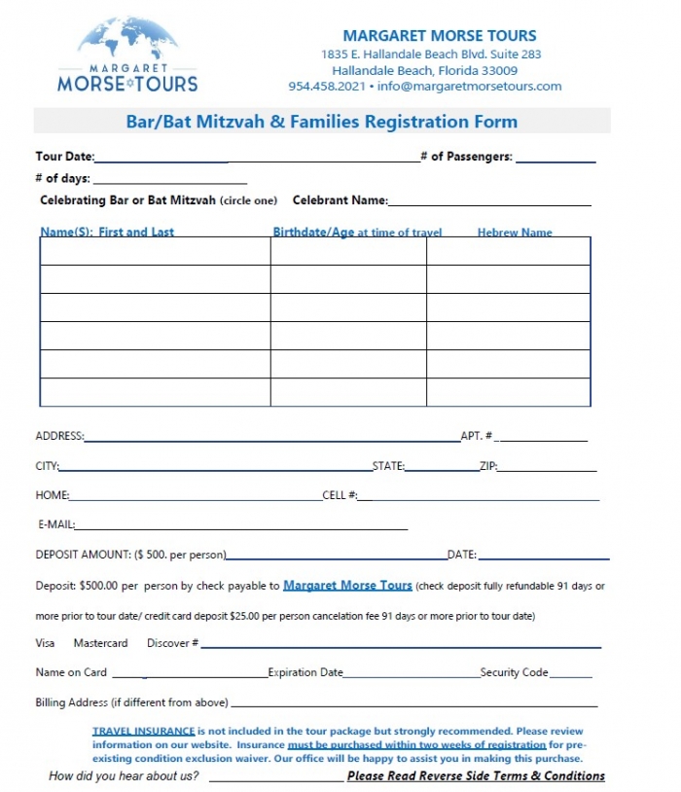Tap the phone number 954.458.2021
327,87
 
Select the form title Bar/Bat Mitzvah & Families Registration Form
322,122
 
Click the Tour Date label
64,157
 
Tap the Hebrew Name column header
515,233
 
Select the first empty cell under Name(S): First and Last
155,251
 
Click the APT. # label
476,437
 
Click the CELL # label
340,496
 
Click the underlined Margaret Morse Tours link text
347,587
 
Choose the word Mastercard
100,643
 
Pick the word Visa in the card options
46,643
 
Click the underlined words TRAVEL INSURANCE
144,731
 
